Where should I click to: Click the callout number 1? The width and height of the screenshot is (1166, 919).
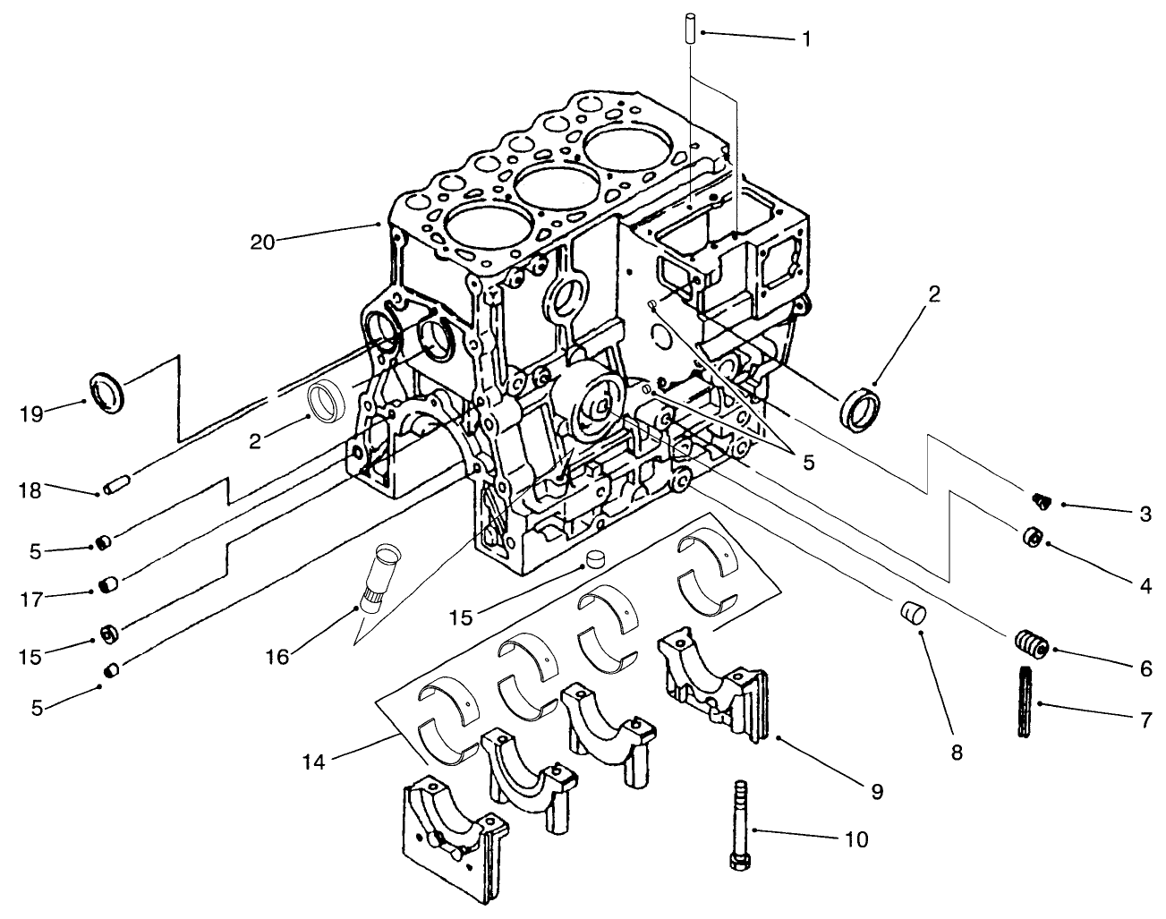tap(806, 38)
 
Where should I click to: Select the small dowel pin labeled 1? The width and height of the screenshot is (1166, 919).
tap(691, 25)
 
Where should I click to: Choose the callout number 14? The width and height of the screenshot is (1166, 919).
tap(314, 762)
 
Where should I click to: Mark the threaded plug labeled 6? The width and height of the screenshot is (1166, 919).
tap(1031, 643)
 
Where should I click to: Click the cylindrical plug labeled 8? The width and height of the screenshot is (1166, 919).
tap(911, 616)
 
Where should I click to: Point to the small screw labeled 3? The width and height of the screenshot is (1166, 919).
tap(1039, 499)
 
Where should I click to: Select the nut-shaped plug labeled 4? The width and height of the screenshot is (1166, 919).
tap(1033, 538)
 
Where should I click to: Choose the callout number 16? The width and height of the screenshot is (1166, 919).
tap(277, 657)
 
